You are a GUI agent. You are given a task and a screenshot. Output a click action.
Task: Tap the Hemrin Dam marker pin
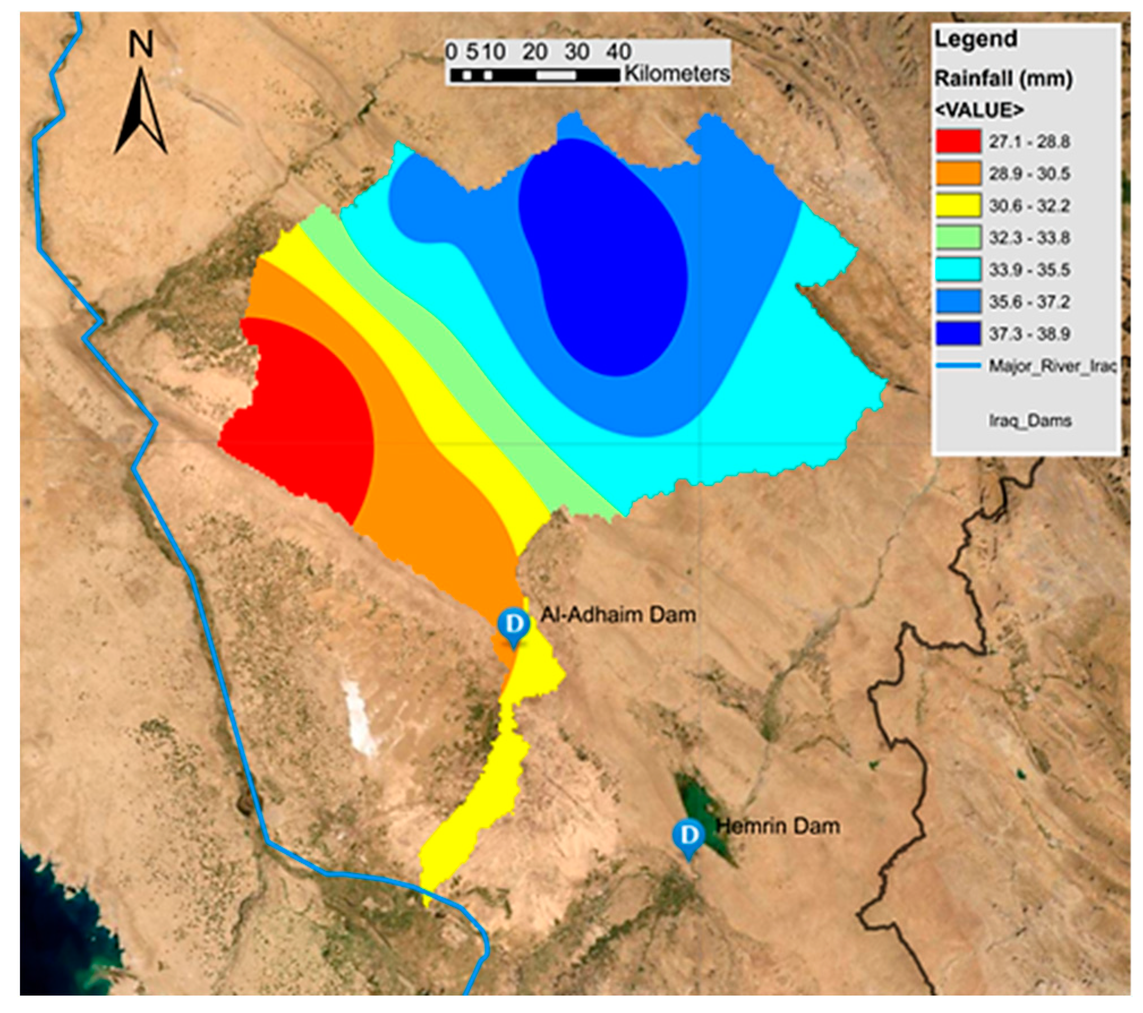point(688,835)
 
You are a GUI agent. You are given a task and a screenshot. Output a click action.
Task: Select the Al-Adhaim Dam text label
point(618,615)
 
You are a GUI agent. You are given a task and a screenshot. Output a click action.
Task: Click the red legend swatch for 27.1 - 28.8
point(957,141)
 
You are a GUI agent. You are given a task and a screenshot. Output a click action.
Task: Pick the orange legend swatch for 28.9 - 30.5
point(957,173)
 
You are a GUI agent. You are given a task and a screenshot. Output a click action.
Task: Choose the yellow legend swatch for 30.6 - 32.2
point(957,205)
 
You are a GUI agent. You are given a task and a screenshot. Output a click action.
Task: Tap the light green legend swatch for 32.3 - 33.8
point(957,237)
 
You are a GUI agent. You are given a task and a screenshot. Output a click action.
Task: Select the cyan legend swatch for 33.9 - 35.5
point(957,269)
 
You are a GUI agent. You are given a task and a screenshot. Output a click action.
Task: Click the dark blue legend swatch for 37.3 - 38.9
point(957,333)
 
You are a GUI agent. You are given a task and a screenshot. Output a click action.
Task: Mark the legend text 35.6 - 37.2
point(1029,302)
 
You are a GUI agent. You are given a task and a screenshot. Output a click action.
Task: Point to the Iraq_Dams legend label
point(1029,420)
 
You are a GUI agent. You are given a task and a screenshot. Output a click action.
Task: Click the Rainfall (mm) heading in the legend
point(1003,78)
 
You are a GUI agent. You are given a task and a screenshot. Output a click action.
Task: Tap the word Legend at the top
point(975,39)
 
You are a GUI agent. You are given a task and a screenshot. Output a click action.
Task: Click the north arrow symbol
point(140,113)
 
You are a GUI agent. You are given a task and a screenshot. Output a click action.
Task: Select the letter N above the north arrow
point(140,45)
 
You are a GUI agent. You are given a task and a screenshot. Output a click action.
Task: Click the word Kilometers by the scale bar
point(677,74)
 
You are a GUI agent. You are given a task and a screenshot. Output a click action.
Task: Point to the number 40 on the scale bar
point(618,52)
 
